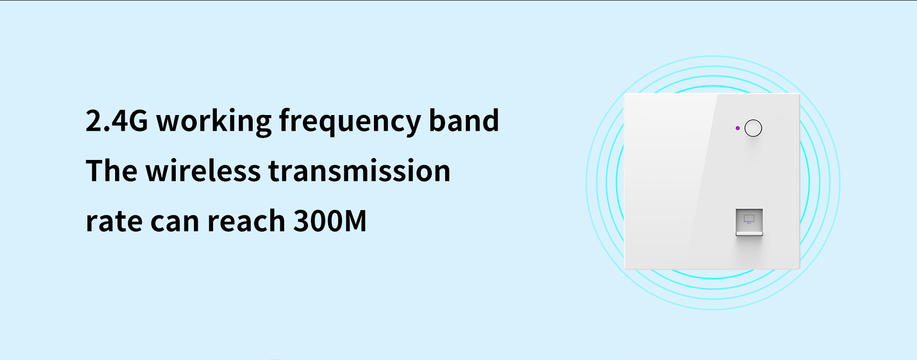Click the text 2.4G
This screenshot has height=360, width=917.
click(x=117, y=120)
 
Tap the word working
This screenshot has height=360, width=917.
click(x=214, y=121)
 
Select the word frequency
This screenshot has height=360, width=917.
click(x=350, y=121)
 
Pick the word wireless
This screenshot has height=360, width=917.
click(x=203, y=170)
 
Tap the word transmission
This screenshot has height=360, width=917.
click(x=359, y=170)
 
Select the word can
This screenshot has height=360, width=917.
click(x=174, y=223)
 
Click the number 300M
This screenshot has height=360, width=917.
click(x=330, y=221)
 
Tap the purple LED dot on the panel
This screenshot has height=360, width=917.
click(x=737, y=128)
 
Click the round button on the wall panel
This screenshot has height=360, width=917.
click(x=753, y=128)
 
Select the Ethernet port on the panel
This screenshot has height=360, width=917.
click(x=749, y=222)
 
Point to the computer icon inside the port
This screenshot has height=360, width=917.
click(x=749, y=219)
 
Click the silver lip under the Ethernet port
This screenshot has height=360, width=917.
click(x=749, y=233)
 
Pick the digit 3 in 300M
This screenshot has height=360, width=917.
click(x=301, y=221)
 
